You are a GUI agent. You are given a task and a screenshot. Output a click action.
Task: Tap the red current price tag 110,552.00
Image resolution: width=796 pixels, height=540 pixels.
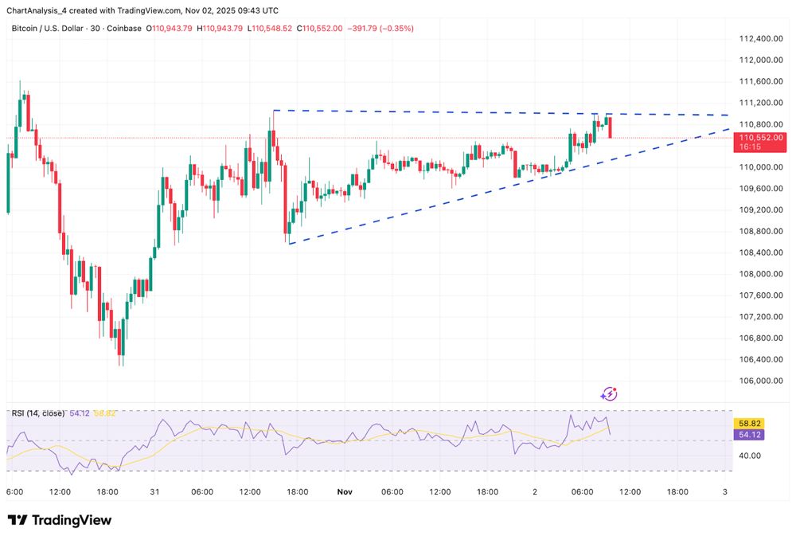point(762,138)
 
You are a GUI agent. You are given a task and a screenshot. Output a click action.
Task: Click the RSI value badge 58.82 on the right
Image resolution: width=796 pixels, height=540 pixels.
point(750,425)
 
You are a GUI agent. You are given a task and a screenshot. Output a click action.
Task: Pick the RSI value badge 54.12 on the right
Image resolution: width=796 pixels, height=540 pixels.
point(750,435)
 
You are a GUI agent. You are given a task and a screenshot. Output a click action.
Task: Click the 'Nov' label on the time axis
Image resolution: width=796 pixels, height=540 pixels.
point(344,492)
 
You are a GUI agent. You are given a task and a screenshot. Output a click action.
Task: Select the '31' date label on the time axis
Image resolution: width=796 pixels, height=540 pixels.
point(154,492)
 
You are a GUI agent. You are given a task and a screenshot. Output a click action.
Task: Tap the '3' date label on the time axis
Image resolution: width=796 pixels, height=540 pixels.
point(724,492)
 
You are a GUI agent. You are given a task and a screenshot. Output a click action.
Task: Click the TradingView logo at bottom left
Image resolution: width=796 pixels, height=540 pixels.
point(60,520)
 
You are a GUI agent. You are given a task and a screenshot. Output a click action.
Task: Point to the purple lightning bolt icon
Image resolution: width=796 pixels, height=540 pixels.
point(610,393)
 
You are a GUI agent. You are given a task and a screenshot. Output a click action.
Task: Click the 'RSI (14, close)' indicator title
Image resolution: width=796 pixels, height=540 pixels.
point(38,413)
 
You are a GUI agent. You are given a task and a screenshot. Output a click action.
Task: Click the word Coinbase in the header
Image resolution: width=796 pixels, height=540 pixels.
point(123,28)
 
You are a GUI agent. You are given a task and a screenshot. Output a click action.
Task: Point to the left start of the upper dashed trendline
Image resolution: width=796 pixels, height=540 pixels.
point(273,110)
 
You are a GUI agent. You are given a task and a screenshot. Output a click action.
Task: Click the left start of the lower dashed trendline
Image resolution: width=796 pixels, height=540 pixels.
point(289,244)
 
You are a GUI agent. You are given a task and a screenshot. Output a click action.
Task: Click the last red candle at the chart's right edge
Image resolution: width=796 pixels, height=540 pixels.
point(610,127)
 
